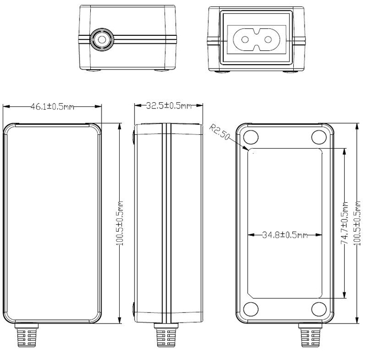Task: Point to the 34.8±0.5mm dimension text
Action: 285,235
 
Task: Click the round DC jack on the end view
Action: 99,39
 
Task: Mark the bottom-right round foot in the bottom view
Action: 319,310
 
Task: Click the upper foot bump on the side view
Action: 133,137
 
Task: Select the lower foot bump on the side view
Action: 133,310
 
